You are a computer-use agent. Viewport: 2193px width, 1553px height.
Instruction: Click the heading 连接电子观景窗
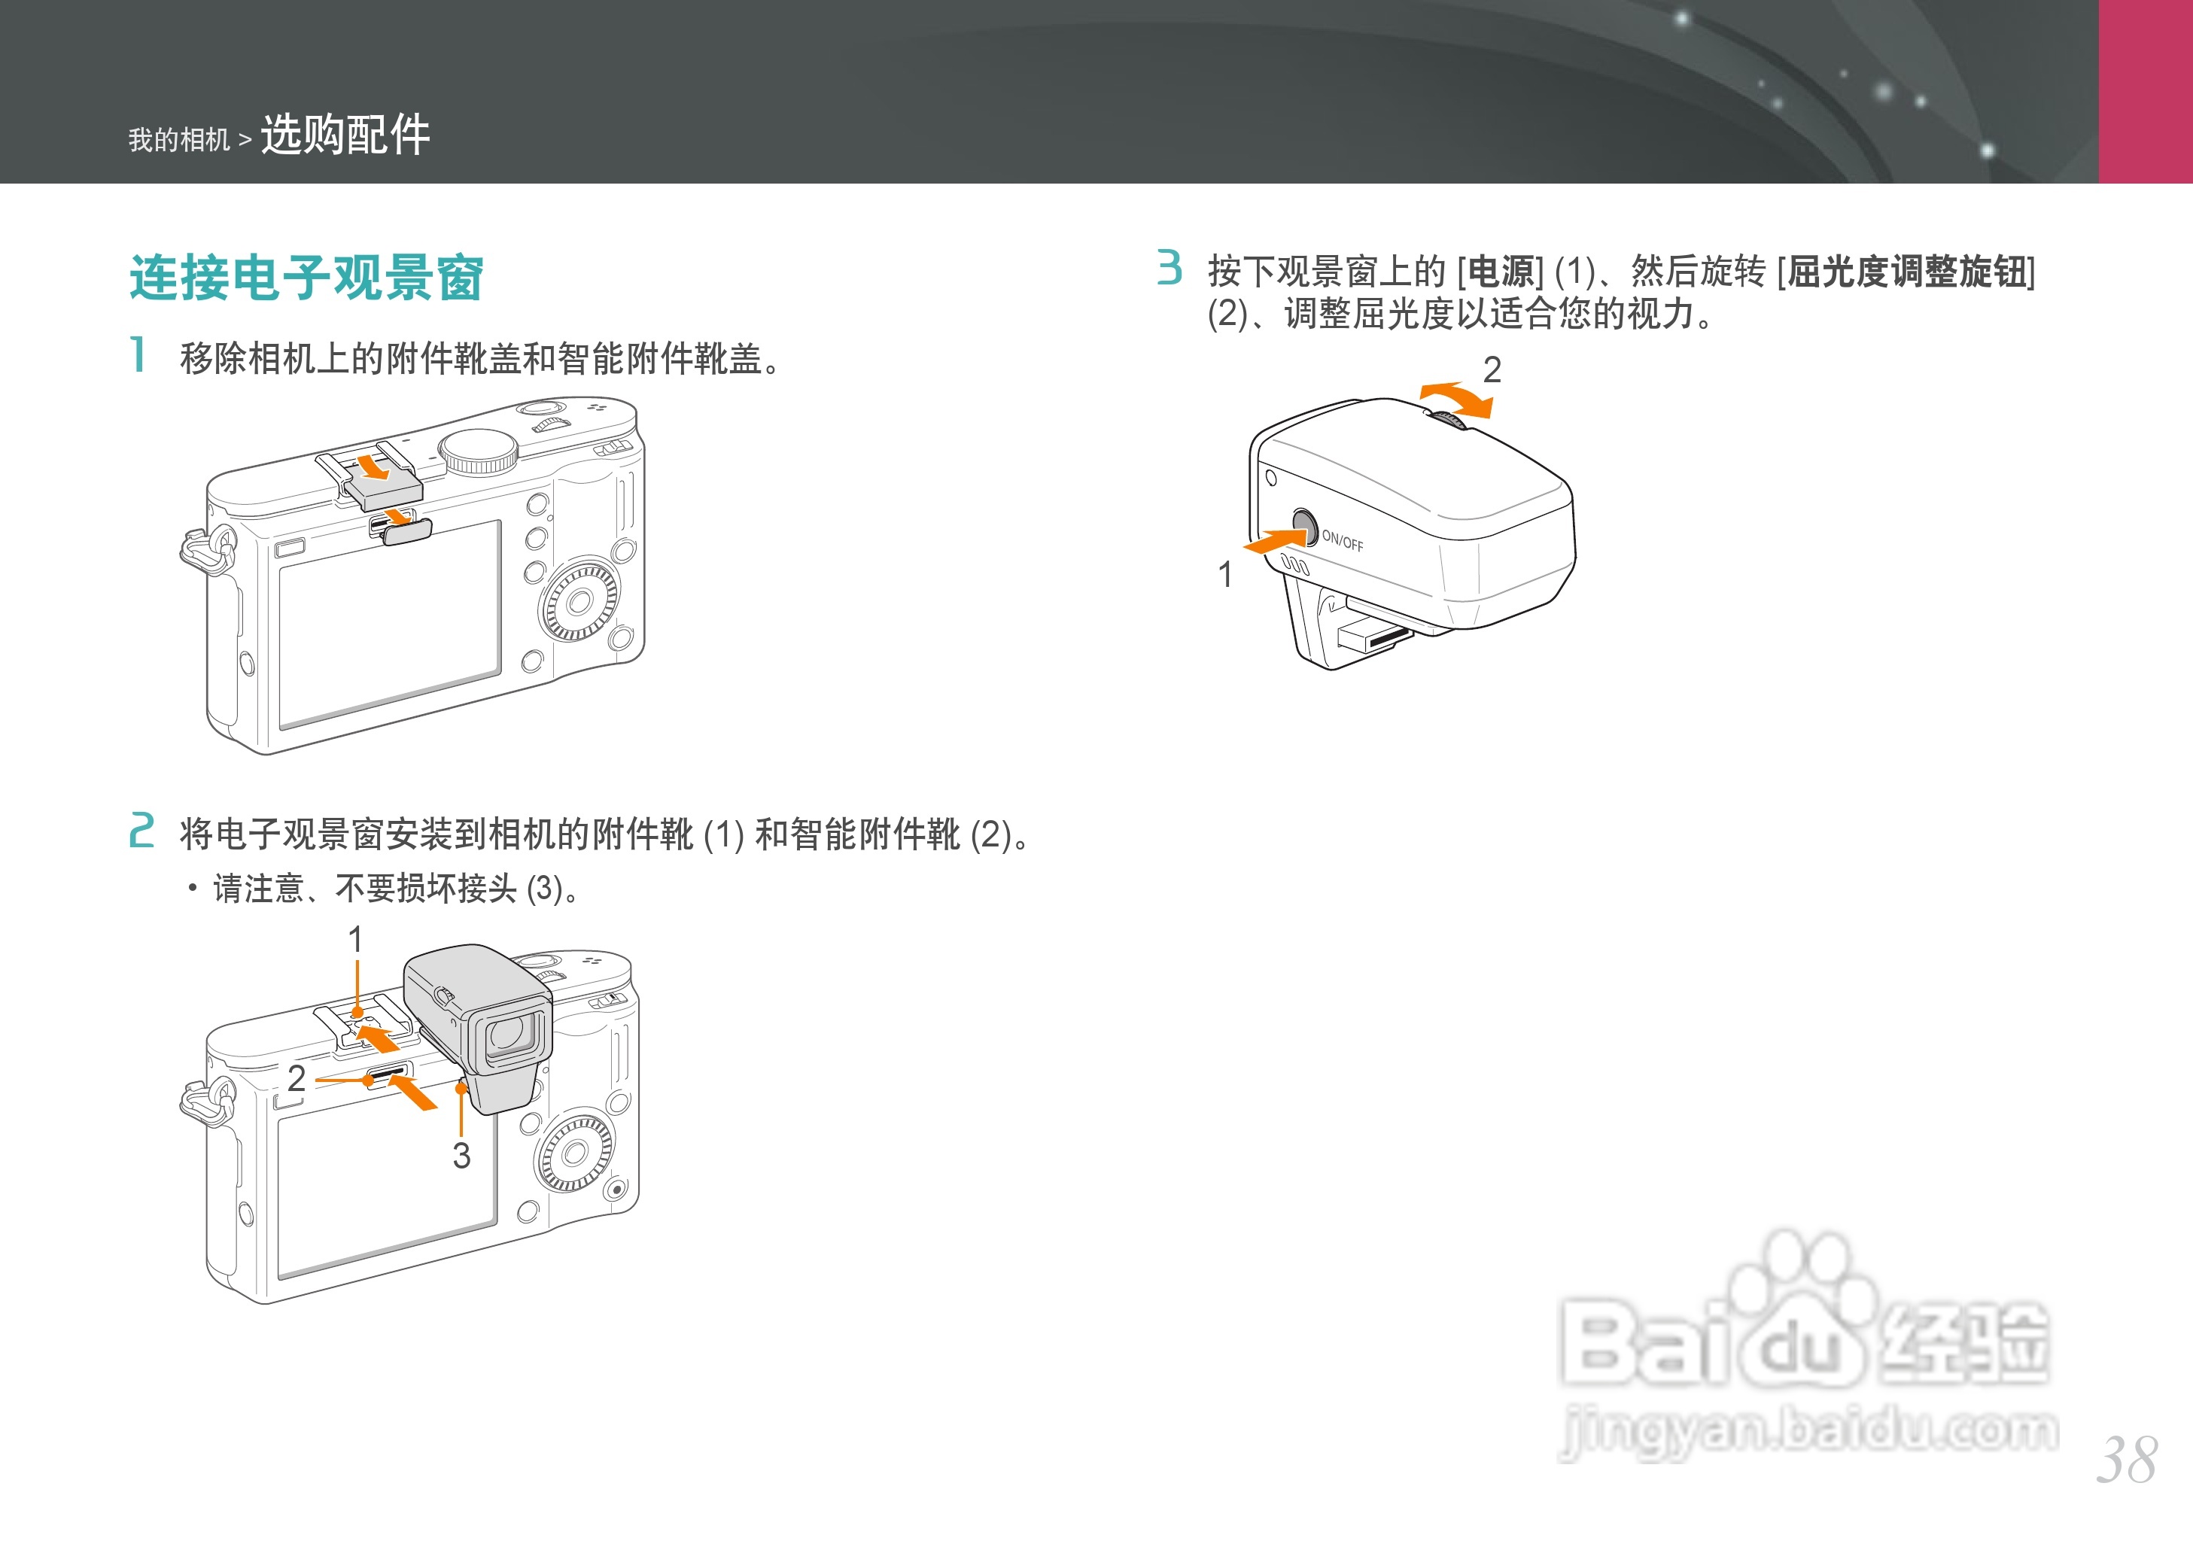(306, 278)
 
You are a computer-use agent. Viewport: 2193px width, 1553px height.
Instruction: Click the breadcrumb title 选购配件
(345, 135)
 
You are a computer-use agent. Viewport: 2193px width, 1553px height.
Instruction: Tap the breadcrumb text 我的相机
(179, 141)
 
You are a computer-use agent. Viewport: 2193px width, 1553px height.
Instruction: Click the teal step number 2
(141, 830)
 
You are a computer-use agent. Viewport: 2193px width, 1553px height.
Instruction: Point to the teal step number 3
(1169, 268)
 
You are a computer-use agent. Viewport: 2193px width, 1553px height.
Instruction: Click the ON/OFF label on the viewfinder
(1342, 541)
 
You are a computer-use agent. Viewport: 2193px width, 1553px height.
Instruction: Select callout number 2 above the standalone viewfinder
(1491, 369)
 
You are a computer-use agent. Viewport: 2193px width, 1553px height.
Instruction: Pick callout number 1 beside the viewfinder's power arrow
(1225, 575)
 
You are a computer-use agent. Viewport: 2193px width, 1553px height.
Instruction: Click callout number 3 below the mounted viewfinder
(461, 1155)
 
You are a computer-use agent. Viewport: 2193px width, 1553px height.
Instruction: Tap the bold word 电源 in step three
(1501, 272)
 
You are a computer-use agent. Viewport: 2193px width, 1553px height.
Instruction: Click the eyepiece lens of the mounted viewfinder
(508, 1034)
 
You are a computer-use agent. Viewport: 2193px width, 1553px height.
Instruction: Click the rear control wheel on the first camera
(579, 601)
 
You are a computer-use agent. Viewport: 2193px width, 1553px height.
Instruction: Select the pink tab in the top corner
(2145, 91)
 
